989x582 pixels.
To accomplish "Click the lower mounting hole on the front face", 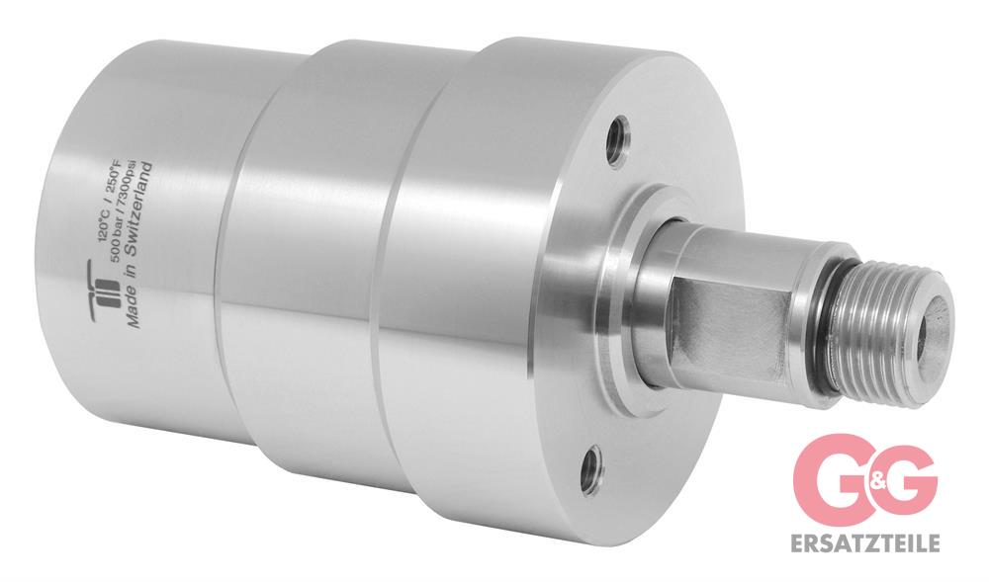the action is click(x=591, y=465).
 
